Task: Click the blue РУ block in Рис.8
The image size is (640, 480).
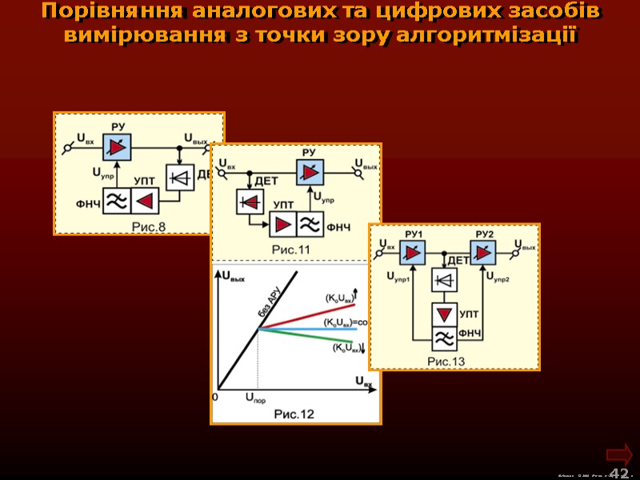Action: click(117, 149)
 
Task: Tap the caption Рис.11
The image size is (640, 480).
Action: click(291, 250)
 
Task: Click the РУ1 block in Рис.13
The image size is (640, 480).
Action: click(414, 254)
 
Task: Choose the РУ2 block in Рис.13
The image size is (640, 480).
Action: click(483, 254)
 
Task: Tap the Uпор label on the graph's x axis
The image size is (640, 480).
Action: click(254, 398)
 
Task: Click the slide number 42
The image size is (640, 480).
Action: click(618, 473)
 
